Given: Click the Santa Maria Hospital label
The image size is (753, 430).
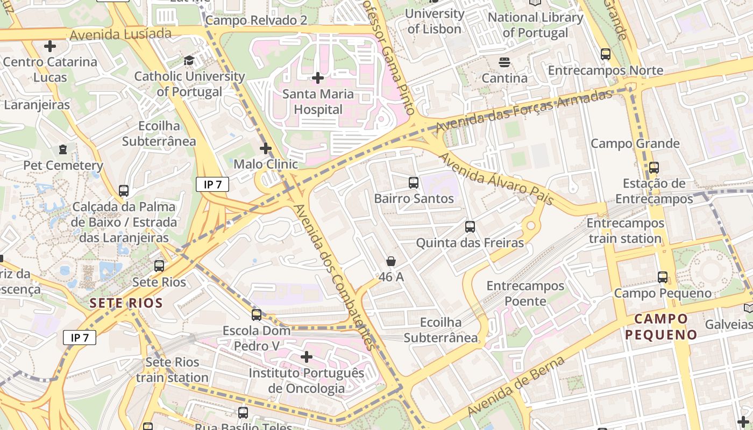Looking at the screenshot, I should coord(318,102).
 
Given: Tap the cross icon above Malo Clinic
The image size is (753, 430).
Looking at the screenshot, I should coord(266,148).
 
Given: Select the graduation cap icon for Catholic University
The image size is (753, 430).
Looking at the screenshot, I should coord(189,60).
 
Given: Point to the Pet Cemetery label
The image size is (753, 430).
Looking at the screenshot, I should coord(63,165).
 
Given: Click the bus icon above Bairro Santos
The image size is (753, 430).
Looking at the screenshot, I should coord(413,183).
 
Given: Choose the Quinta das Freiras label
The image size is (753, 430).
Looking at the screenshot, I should coord(470,243).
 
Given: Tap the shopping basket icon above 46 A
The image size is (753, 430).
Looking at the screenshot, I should coord(391,261).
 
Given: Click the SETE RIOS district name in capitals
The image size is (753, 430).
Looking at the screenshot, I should coord(126,303).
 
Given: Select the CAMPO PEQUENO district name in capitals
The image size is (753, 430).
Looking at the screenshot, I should coord(661,326).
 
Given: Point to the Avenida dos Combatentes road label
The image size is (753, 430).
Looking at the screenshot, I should coord(333,277).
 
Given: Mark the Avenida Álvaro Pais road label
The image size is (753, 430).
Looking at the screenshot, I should coord(495,179).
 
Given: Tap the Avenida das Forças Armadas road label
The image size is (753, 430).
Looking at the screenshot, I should coord(524,111).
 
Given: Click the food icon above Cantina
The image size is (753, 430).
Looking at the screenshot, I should coord(504,62).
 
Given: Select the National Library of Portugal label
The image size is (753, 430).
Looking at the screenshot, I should coord(535,25).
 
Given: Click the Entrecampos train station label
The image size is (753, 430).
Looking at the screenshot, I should coord(625,231).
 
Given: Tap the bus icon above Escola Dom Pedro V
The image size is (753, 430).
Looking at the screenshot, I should coord(257,315).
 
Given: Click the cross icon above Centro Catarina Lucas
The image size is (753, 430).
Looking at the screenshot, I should coord(50,46).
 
